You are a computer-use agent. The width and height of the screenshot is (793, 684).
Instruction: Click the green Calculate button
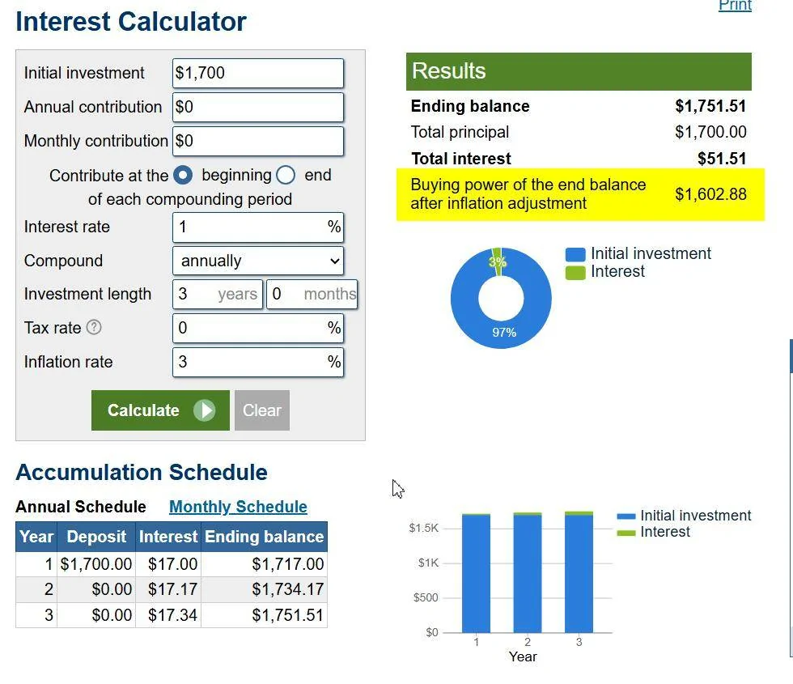coord(160,410)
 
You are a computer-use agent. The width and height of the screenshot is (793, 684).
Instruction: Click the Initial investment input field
coord(258,73)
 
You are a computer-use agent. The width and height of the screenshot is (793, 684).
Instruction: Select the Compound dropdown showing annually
coord(258,261)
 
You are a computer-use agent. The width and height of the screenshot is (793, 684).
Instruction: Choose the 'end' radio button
coord(286,175)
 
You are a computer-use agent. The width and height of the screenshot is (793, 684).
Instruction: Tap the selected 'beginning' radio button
coord(183,175)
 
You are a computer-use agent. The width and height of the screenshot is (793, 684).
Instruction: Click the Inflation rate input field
coord(258,362)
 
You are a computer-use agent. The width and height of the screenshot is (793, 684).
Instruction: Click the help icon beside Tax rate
coord(94,327)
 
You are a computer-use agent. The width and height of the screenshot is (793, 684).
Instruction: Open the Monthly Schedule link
coord(238,507)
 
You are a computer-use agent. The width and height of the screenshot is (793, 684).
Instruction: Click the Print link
coord(735,6)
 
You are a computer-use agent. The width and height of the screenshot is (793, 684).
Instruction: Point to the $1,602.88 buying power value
coord(710,194)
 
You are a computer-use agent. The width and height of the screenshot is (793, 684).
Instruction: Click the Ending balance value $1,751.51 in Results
coord(710,106)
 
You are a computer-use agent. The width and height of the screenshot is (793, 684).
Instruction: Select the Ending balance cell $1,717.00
coord(288,563)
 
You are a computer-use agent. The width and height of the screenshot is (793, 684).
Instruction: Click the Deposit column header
coord(96,536)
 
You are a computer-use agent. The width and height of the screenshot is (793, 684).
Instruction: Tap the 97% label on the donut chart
coord(504,333)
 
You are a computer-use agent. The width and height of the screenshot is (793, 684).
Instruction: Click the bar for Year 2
coord(528,572)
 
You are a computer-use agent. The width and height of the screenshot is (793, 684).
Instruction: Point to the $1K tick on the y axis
coord(428,563)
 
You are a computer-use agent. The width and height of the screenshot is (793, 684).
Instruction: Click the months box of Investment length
coord(312,294)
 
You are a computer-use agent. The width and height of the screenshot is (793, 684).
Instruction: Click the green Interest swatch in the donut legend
coord(575,272)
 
